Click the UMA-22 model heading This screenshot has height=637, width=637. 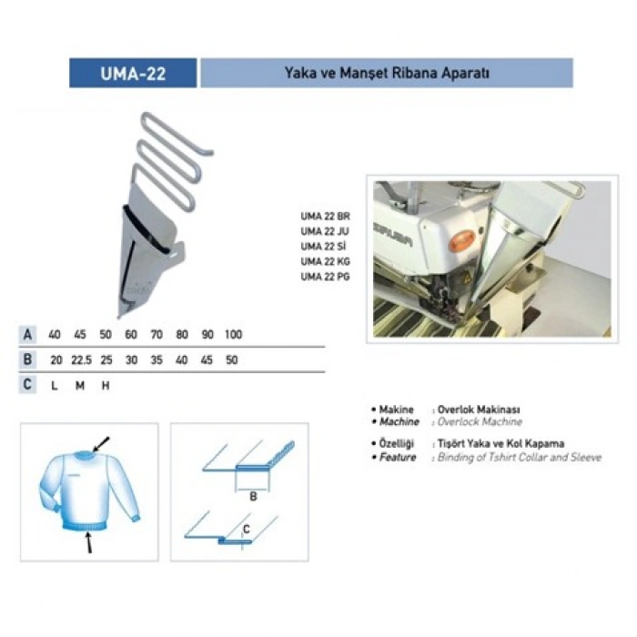(x=133, y=74)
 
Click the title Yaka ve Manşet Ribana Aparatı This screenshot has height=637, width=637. (x=387, y=73)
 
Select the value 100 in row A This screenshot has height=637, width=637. (x=233, y=334)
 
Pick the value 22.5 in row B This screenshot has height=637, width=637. (x=81, y=360)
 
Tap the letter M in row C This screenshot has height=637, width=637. (x=80, y=386)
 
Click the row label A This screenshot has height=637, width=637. (x=27, y=334)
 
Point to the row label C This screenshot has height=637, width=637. (x=27, y=384)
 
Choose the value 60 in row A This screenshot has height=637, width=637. (x=131, y=334)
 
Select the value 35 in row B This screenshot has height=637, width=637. (x=157, y=360)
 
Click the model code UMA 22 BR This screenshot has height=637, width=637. (x=325, y=217)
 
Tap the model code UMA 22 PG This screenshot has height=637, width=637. (x=325, y=277)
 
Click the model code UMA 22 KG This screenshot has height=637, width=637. (x=325, y=262)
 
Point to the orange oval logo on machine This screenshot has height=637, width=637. (x=461, y=241)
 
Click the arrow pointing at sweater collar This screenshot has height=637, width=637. (x=101, y=444)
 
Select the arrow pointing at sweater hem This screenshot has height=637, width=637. (x=87, y=542)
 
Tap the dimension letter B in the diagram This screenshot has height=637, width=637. (x=253, y=497)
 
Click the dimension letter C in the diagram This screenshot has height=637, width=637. (x=247, y=529)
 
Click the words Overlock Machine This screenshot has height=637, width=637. (x=480, y=422)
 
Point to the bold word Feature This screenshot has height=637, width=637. (x=398, y=458)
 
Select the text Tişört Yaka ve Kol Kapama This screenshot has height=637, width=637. (x=500, y=444)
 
